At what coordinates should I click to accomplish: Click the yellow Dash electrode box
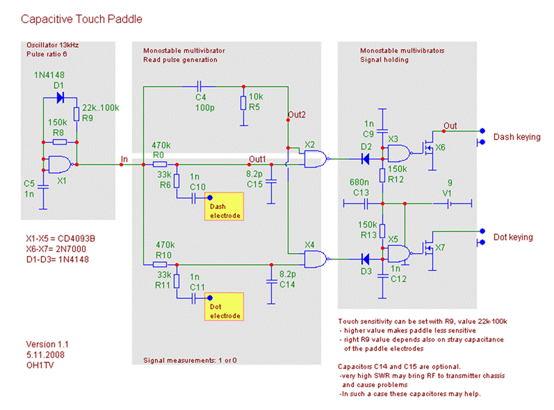click(x=225, y=207)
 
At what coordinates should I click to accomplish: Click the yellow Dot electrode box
click(x=225, y=307)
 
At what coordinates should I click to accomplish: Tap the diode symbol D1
click(x=60, y=97)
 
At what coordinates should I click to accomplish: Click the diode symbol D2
click(x=364, y=159)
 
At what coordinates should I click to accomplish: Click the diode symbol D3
click(x=364, y=260)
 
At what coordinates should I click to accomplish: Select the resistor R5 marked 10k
click(x=243, y=103)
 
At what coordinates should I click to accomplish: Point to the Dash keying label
click(x=516, y=137)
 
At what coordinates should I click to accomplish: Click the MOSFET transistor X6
click(x=427, y=149)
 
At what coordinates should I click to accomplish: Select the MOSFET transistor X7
click(x=427, y=249)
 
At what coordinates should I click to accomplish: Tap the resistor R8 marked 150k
click(x=60, y=142)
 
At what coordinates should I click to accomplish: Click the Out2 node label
click(x=296, y=114)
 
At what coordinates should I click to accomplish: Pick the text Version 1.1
click(x=47, y=344)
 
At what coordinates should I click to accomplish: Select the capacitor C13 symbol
click(x=366, y=204)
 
